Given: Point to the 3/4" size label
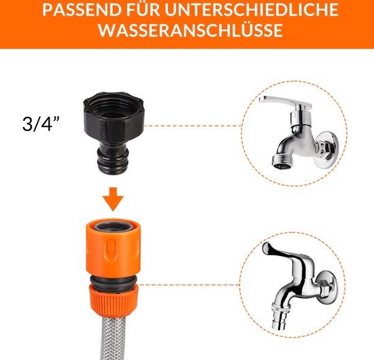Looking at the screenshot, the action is tap(41, 124).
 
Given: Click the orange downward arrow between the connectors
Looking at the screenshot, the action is tap(113, 199).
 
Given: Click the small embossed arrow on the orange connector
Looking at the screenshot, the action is tap(110, 247).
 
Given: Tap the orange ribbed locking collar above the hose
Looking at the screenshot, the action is tap(114, 297).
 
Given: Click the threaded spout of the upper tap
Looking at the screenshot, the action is tap(282, 161).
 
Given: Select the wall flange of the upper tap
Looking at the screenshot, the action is tap(326, 149).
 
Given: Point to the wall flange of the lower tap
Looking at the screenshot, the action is tap(327, 287).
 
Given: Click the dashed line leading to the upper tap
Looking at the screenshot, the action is tap(193, 126).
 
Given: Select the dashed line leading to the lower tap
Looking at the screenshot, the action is tap(189, 285).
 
